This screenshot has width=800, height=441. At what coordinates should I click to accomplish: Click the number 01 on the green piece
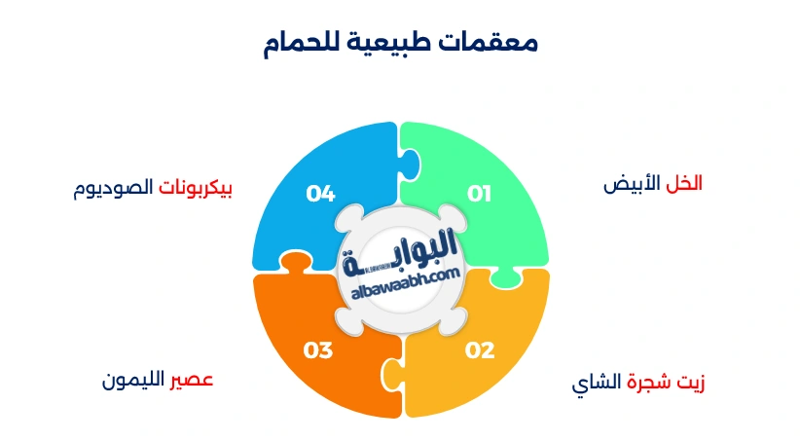(479, 194)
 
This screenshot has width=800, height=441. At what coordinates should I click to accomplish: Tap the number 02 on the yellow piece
(480, 350)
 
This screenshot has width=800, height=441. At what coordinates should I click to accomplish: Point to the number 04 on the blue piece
(320, 194)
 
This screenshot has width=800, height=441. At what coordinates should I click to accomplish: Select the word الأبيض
(632, 183)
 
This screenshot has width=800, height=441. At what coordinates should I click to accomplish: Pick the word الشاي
(597, 381)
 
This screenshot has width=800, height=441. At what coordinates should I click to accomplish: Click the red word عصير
(192, 379)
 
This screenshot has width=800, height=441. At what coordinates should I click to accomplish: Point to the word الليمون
(134, 379)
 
